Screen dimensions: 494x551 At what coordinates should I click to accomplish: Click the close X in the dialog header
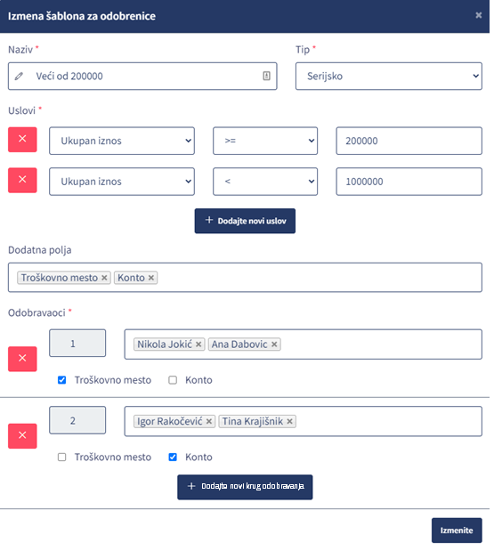(478, 15)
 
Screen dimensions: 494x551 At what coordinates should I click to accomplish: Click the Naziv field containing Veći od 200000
(142, 77)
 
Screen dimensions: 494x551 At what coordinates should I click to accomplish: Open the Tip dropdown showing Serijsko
(389, 77)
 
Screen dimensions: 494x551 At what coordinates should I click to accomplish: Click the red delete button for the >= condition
(22, 140)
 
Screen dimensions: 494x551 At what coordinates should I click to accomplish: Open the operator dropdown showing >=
(265, 141)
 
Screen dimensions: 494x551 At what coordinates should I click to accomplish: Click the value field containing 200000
(409, 141)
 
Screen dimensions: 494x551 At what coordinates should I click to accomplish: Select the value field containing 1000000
(409, 182)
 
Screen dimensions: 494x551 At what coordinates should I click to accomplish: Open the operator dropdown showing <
(265, 182)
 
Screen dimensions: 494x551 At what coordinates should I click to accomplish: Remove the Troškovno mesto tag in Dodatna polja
(104, 278)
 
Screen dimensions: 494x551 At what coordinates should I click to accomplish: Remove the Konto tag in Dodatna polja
(151, 278)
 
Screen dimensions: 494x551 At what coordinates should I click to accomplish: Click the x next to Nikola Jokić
(198, 344)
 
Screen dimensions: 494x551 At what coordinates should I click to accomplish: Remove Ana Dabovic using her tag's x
(274, 344)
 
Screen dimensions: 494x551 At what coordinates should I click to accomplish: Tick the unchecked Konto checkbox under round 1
(173, 380)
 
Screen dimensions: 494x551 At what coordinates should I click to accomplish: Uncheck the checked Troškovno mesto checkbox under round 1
(61, 380)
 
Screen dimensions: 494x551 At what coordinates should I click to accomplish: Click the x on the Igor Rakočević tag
(209, 421)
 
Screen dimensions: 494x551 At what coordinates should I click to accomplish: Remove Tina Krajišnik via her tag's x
(290, 421)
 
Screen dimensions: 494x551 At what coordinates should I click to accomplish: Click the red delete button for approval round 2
(22, 436)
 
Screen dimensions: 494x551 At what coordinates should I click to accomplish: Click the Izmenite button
(457, 531)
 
